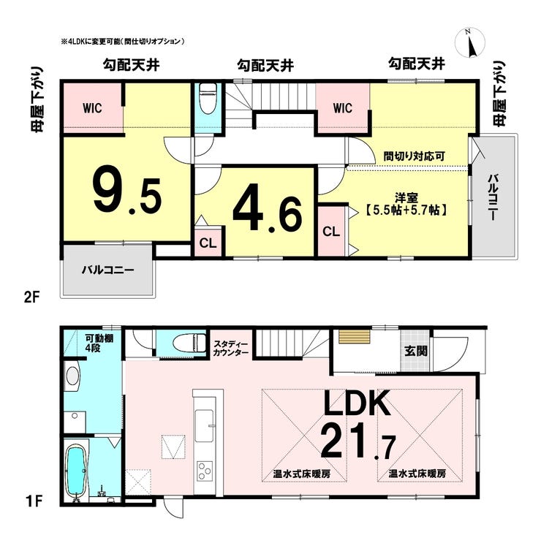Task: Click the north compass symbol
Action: pos(469,42)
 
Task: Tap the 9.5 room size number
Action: pos(127,191)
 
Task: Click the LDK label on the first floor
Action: pos(357,404)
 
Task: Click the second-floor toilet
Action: pos(208,99)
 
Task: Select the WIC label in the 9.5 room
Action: pos(92,108)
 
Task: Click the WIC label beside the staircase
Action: pos(343,108)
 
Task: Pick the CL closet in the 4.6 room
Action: pos(208,243)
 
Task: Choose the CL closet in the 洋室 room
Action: pos(331,232)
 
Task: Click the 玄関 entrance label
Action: pos(416,351)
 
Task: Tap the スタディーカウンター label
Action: pos(231,349)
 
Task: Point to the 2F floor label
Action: pos(32,297)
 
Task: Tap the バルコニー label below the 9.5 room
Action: pos(107,270)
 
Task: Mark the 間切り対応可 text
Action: pos(414,156)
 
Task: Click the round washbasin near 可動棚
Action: pos(72,376)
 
